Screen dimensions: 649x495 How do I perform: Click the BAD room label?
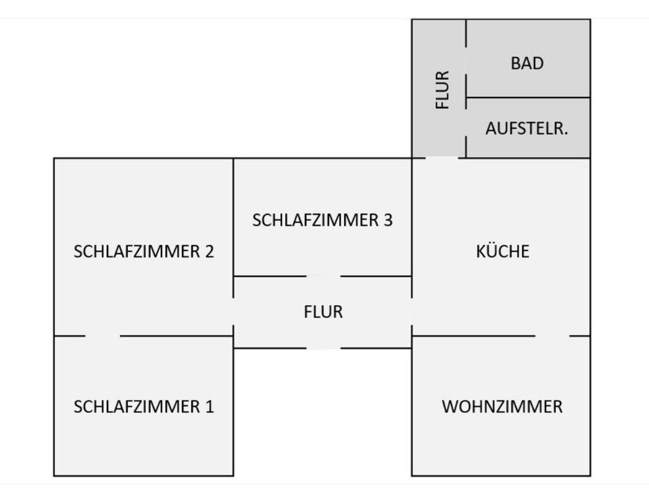pyautogui.click(x=527, y=64)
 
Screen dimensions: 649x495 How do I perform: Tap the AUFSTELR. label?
pyautogui.click(x=527, y=128)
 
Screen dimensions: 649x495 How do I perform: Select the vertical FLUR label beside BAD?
pyautogui.click(x=442, y=89)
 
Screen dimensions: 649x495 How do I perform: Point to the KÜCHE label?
pyautogui.click(x=502, y=252)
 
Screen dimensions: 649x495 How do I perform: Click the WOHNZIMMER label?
pyautogui.click(x=502, y=406)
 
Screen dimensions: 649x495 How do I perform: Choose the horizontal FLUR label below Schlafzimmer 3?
pyautogui.click(x=323, y=312)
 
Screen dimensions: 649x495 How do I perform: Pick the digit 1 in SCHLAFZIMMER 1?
pyautogui.click(x=210, y=406)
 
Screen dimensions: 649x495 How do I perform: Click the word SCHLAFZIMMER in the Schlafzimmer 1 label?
pyautogui.click(x=137, y=406)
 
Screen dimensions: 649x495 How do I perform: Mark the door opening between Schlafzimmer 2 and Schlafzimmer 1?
pyautogui.click(x=103, y=336)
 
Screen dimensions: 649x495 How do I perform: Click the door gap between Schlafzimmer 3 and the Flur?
pyautogui.click(x=323, y=276)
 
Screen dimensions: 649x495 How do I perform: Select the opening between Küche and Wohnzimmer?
pyautogui.click(x=552, y=336)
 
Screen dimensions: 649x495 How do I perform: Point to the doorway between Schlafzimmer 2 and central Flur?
pyautogui.click(x=233, y=312)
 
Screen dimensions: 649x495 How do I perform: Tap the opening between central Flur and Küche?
pyautogui.click(x=412, y=312)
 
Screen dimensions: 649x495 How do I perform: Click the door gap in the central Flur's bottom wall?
pyautogui.click(x=323, y=348)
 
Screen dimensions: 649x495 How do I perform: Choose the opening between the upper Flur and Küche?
pyautogui.click(x=441, y=158)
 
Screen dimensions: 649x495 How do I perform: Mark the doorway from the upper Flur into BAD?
pyautogui.click(x=466, y=60)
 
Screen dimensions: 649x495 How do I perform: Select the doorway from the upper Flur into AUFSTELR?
pyautogui.click(x=466, y=123)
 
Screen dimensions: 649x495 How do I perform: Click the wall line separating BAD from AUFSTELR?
pyautogui.click(x=528, y=97)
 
